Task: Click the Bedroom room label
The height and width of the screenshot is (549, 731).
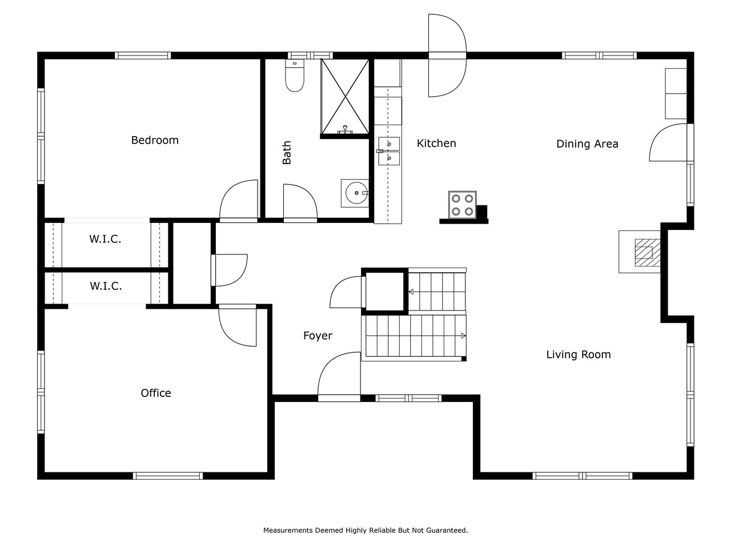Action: pos(155,140)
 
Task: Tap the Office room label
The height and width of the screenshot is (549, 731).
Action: pos(156,393)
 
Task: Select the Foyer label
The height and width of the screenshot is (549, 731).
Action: pos(318,336)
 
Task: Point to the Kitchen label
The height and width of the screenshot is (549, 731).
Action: pos(436,143)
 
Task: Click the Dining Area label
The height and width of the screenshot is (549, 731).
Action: pos(587,144)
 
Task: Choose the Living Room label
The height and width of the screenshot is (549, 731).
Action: pos(579,355)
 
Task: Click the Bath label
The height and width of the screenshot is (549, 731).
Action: pos(287,153)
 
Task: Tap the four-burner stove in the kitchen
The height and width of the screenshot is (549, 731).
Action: pos(462,205)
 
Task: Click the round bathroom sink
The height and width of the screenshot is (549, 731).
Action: pos(356,193)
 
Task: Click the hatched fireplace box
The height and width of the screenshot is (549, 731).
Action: pos(644,252)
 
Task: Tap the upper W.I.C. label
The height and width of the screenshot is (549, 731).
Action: pos(105,239)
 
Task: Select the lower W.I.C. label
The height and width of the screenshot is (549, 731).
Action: pos(106,286)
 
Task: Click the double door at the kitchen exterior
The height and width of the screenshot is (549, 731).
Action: pos(447,55)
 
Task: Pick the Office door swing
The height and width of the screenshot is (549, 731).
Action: pos(237,326)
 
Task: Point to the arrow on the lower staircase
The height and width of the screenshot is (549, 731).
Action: pos(463,336)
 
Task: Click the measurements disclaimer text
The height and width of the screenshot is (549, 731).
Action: pos(365,530)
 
